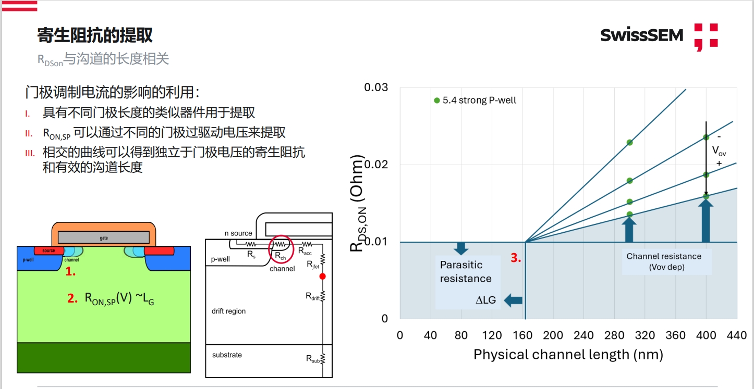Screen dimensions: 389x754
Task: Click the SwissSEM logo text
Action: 641,35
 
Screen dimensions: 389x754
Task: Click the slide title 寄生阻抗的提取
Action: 95,35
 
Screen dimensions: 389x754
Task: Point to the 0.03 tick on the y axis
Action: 376,87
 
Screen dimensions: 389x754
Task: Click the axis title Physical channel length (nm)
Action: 568,355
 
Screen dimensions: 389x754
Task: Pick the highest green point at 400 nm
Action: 706,137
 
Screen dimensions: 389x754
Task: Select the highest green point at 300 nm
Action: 629,142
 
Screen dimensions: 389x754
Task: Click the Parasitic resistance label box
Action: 466,271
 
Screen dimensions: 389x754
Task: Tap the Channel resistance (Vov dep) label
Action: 663,261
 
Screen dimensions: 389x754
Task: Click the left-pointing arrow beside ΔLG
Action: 514,299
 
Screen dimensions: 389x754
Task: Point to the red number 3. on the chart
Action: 516,258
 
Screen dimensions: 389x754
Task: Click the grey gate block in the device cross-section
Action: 104,237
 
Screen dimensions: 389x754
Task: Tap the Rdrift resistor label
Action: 313,296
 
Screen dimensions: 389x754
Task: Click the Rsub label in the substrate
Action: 313,358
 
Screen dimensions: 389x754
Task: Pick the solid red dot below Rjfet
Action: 322,277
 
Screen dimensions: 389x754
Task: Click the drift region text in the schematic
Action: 228,311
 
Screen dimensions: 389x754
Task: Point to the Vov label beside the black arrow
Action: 719,150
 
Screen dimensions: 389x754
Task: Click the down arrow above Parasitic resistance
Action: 460,247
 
